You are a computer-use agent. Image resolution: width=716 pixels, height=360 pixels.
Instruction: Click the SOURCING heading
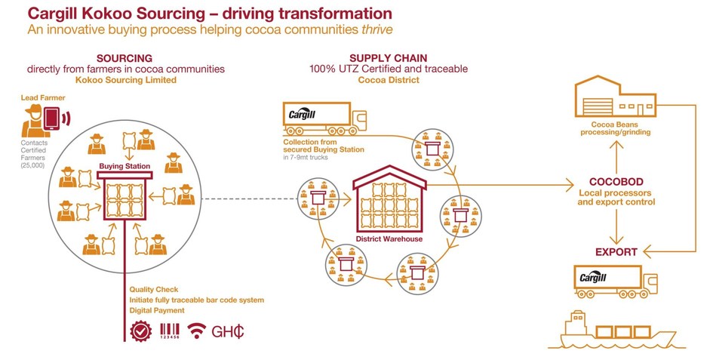(125, 58)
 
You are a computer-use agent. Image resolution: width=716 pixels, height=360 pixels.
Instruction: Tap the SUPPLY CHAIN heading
(388, 58)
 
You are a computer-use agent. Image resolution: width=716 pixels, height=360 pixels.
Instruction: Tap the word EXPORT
(616, 251)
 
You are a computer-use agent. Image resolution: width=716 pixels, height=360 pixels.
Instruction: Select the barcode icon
(170, 331)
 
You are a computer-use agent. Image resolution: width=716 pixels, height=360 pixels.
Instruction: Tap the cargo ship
(619, 329)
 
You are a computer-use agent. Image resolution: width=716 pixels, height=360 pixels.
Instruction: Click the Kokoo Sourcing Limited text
(126, 79)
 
